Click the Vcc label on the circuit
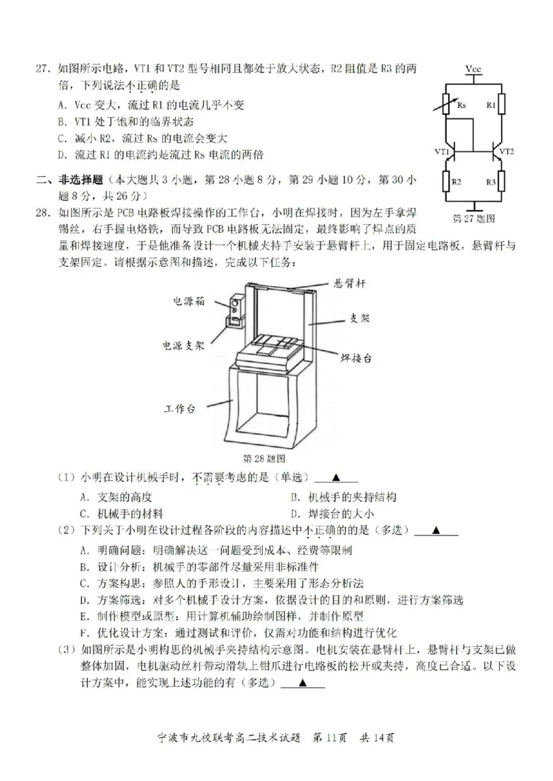click(474, 70)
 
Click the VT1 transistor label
click(442, 151)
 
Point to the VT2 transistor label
click(507, 151)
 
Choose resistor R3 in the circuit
click(502, 182)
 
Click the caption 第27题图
click(474, 218)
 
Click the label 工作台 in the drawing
click(180, 409)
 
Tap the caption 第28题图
click(265, 458)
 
